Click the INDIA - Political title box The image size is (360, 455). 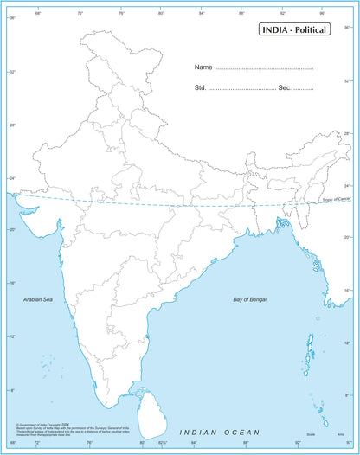(x=294, y=31)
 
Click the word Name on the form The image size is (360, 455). (x=203, y=67)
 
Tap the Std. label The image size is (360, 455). (x=200, y=89)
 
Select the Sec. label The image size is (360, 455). (x=285, y=89)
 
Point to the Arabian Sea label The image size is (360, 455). (x=38, y=298)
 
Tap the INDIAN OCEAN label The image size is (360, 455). (x=218, y=431)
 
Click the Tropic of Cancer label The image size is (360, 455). (x=337, y=200)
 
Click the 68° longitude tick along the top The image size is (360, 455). (x=37, y=14)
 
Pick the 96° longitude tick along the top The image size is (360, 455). (x=322, y=14)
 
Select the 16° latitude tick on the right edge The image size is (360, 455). (x=348, y=291)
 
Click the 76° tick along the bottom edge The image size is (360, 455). (x=90, y=443)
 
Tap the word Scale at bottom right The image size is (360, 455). (x=310, y=433)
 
